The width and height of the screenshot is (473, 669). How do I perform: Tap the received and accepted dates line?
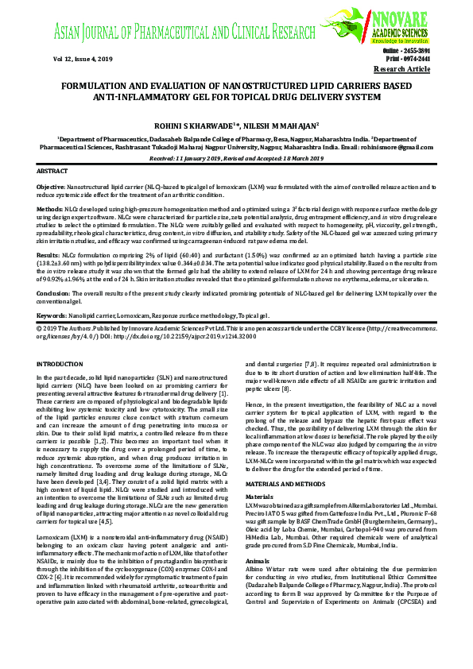(x=235, y=158)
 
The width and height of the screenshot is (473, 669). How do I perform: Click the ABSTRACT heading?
(x=54, y=171)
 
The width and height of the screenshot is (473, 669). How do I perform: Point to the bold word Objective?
(x=51, y=185)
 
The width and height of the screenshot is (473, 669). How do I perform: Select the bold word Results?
(x=48, y=257)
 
